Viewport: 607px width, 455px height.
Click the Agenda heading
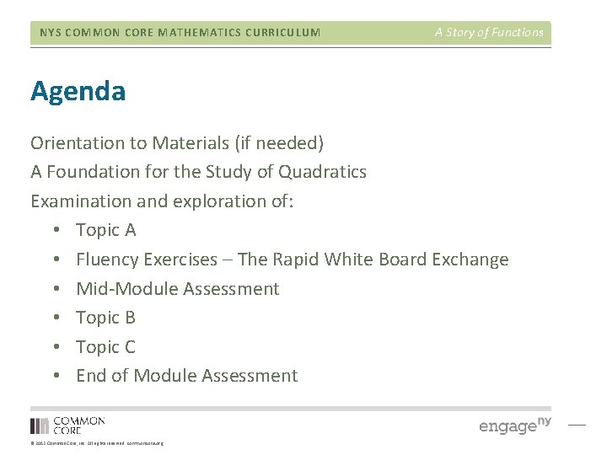(78, 92)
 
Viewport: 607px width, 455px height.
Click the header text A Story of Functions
(489, 33)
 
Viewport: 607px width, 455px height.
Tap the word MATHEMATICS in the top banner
(190, 33)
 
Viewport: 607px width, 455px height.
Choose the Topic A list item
(105, 230)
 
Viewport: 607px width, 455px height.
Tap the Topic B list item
(105, 318)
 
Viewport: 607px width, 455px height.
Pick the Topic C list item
(105, 347)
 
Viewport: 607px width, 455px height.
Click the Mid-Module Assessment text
(177, 289)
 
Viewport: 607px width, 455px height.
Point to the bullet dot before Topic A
(53, 231)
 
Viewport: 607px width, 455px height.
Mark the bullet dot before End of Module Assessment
(53, 377)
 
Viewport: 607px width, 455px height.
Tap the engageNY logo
(514, 424)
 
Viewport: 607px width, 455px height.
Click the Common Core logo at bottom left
(67, 425)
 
